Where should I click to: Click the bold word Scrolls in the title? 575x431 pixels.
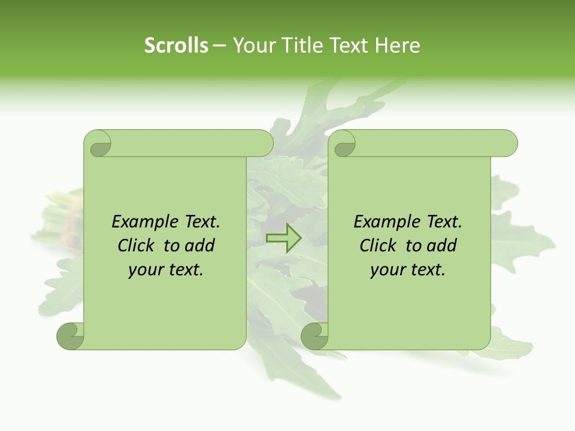[x=176, y=45]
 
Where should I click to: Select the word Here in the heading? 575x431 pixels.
[x=398, y=45]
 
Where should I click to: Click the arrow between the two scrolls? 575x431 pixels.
[x=283, y=238]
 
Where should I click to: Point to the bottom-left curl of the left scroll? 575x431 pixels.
[x=69, y=336]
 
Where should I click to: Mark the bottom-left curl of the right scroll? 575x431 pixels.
[x=313, y=336]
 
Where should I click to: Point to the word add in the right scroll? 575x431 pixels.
[x=442, y=246]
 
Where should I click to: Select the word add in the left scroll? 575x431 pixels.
[x=200, y=246]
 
